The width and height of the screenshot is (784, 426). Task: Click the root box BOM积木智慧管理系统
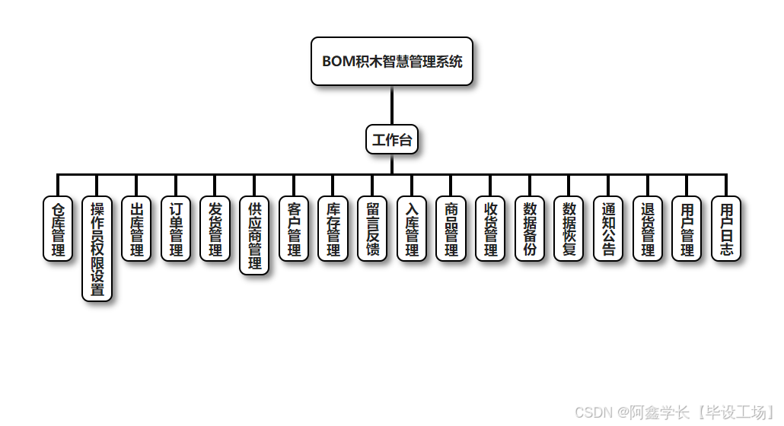pos(392,62)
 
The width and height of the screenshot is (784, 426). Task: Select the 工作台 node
pos(392,139)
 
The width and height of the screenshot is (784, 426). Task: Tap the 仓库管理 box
pos(58,229)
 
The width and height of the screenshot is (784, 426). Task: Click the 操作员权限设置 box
pos(97,249)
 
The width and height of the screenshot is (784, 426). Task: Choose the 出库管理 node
pos(137,229)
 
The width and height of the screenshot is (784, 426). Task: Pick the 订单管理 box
pos(176,229)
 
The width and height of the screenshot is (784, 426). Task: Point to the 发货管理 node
pos(215,229)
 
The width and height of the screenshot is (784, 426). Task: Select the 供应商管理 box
pos(254,236)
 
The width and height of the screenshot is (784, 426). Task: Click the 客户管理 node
pos(294,229)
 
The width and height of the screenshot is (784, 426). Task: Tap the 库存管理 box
pos(333,229)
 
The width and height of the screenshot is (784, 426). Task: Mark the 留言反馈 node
pos(372,229)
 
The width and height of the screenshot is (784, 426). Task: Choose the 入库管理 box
pos(412,229)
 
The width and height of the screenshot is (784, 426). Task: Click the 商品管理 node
pos(451,229)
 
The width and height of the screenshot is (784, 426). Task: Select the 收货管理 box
pos(490,229)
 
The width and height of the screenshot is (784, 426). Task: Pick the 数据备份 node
pos(530,229)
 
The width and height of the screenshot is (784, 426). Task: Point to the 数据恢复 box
pos(569,229)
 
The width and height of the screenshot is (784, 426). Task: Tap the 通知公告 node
pos(608,229)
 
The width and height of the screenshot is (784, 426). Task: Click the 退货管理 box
pos(648,229)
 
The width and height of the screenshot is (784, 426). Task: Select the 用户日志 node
pos(726,229)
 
